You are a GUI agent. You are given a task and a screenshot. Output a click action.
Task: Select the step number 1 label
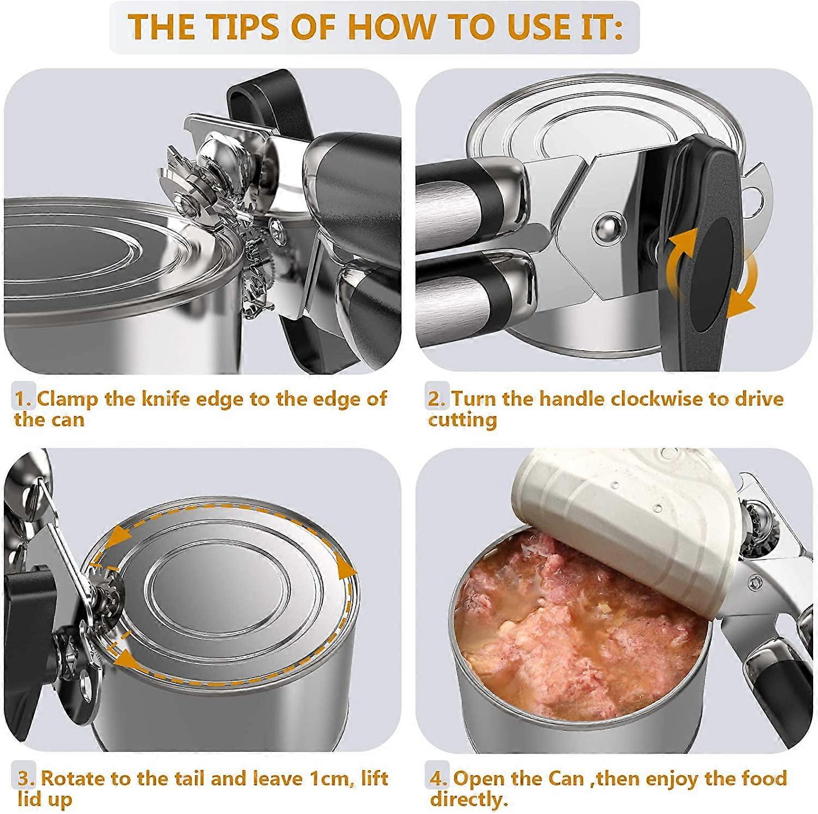(x=23, y=399)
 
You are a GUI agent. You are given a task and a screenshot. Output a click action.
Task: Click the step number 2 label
(x=436, y=399)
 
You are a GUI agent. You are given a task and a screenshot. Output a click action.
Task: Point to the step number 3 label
(x=25, y=778)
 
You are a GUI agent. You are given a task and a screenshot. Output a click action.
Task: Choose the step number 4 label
(x=438, y=778)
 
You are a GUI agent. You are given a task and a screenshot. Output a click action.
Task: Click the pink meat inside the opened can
(x=578, y=606)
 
